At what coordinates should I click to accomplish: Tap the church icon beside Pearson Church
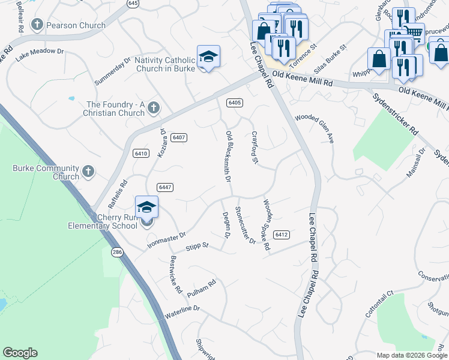click(x=37, y=25)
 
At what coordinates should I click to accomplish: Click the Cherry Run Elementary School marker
click(x=146, y=208)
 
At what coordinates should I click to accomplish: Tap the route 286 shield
click(x=116, y=253)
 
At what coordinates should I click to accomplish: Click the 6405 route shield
click(x=234, y=103)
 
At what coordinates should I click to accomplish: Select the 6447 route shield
click(x=166, y=187)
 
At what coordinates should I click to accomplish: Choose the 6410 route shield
click(x=141, y=154)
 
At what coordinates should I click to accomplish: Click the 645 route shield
click(x=133, y=4)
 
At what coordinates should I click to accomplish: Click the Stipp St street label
click(x=196, y=246)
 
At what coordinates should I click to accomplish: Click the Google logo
click(x=20, y=353)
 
